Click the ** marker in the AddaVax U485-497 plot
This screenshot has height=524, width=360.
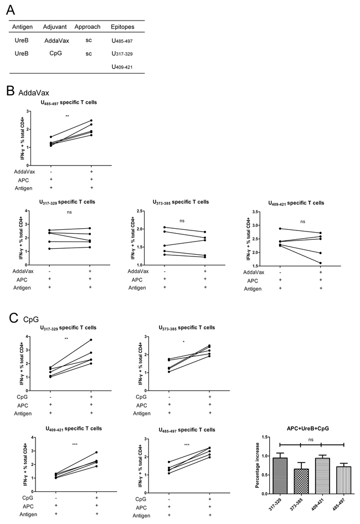click(67, 116)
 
